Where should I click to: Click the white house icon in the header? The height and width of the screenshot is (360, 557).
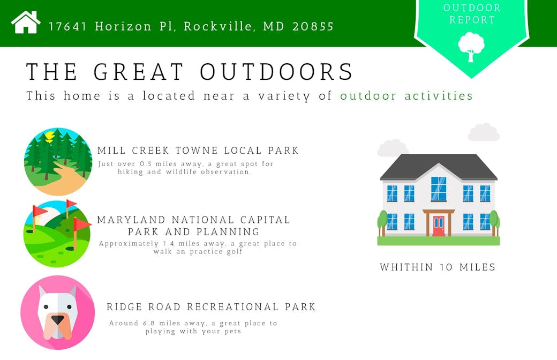(26, 22)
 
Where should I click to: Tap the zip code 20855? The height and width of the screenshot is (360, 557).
(313, 26)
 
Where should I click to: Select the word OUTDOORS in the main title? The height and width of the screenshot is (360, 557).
(276, 71)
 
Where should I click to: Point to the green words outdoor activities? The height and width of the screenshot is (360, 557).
(407, 95)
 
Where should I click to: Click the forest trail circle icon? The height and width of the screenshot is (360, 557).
(58, 162)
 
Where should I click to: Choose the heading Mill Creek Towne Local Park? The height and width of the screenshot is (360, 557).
(198, 151)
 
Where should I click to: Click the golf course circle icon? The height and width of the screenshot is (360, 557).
(57, 234)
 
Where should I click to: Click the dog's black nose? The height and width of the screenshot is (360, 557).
(57, 320)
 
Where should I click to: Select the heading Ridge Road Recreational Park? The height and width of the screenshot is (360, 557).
(211, 306)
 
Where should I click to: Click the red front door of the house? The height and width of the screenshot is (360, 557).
(439, 226)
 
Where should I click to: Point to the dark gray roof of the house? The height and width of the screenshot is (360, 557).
(438, 167)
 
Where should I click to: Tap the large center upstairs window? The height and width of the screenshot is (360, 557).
(439, 189)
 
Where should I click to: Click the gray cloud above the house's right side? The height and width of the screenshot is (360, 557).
(484, 132)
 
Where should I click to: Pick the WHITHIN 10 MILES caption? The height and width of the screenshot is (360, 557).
(437, 267)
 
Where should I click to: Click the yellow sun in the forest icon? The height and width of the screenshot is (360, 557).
(49, 136)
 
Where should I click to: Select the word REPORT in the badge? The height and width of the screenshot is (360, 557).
(472, 20)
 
